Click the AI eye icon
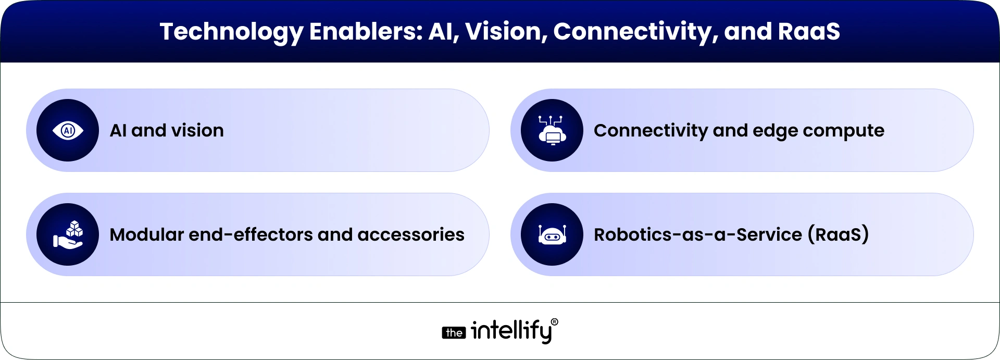coord(68,130)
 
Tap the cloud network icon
coord(552,130)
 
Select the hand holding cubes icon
coord(68,234)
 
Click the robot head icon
coord(552,235)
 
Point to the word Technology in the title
coord(231,32)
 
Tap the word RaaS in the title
coord(808,31)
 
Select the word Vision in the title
coord(506,31)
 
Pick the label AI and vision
coord(167,130)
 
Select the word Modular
coord(146,234)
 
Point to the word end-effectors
coord(251,234)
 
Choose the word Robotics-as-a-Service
coord(698,234)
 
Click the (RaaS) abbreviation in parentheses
coord(838,234)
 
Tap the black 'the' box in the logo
coord(454,333)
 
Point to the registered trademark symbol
coord(554,322)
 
